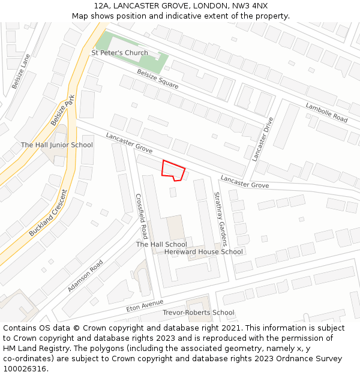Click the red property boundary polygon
point(173,170)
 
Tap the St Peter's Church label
point(119,53)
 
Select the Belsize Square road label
point(157,79)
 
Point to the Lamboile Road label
point(326,112)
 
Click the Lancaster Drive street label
point(262,139)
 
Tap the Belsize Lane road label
point(21,71)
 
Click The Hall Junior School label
point(57,145)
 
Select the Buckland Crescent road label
point(49,212)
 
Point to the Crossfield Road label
point(141,215)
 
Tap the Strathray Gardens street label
point(220,219)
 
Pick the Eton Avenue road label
point(145,305)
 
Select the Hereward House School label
point(203,251)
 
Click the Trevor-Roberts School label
point(199,313)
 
